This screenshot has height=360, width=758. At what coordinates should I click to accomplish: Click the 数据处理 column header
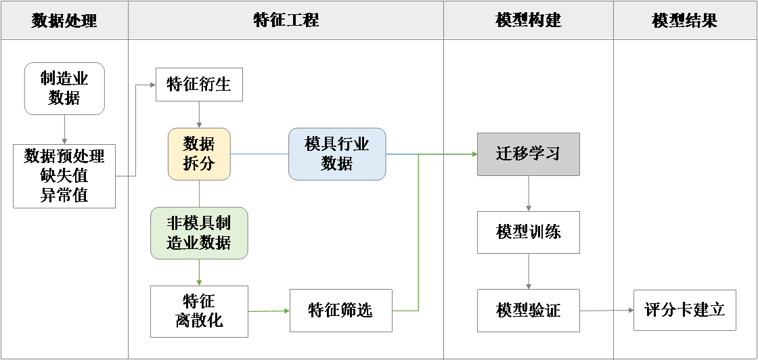pyautogui.click(x=64, y=20)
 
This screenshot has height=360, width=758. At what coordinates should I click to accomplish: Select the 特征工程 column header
pyautogui.click(x=286, y=20)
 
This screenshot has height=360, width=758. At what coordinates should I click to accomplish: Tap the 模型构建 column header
pyautogui.click(x=529, y=20)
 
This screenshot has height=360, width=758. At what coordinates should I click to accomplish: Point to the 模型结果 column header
pyautogui.click(x=685, y=20)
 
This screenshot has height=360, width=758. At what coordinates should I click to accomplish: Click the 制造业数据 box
pyautogui.click(x=64, y=89)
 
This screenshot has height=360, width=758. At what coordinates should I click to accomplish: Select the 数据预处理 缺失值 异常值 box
pyautogui.click(x=64, y=176)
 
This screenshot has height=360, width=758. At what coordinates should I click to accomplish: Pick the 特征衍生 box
pyautogui.click(x=199, y=85)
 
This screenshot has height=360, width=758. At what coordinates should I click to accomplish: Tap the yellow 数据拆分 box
pyautogui.click(x=199, y=154)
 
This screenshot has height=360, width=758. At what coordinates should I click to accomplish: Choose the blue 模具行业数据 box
pyautogui.click(x=337, y=154)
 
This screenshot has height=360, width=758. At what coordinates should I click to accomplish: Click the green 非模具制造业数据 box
pyautogui.click(x=199, y=233)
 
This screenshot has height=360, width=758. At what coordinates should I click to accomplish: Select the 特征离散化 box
pyautogui.click(x=199, y=311)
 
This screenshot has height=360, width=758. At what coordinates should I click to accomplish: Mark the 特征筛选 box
pyautogui.click(x=340, y=311)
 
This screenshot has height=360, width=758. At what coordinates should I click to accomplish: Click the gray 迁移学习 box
pyautogui.click(x=528, y=154)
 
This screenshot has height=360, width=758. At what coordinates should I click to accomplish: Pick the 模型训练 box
pyautogui.click(x=528, y=233)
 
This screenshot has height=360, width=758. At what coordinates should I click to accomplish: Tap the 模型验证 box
pyautogui.click(x=528, y=311)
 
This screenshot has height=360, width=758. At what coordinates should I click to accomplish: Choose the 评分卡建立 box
pyautogui.click(x=684, y=310)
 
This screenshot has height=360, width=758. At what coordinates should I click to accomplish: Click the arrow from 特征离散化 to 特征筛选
pyautogui.click(x=269, y=311)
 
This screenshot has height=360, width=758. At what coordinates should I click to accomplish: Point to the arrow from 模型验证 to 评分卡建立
pyautogui.click(x=606, y=311)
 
